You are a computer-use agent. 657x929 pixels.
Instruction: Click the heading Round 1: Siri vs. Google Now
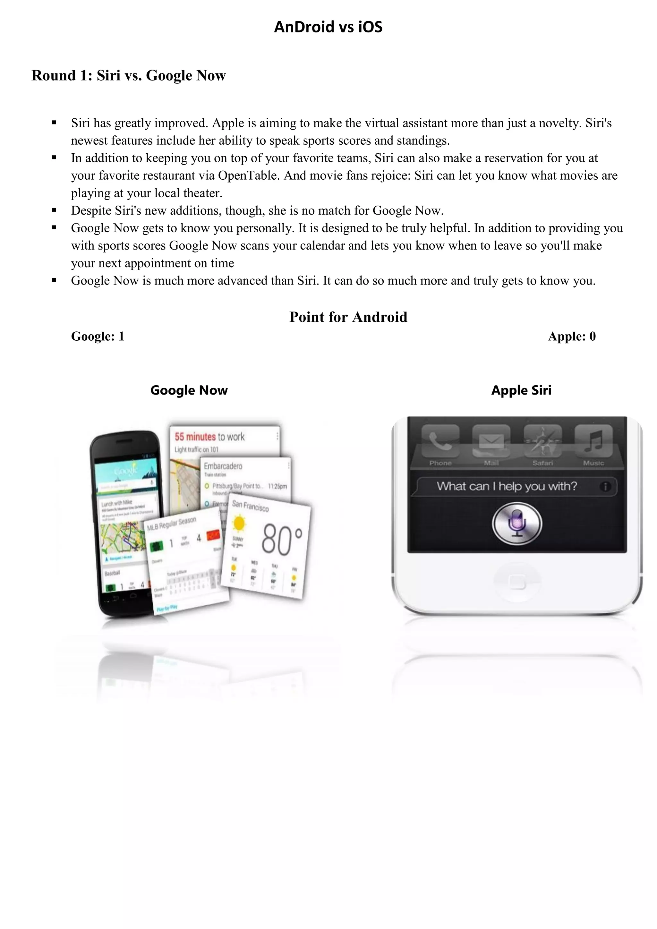pos(128,76)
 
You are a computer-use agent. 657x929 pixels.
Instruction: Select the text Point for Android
pos(348,317)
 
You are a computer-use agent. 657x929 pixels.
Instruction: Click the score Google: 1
pos(98,337)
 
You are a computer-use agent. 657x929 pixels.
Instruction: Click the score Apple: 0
pos(571,337)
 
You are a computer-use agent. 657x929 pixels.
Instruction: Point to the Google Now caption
pos(189,390)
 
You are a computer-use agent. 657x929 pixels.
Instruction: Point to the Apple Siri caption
pos(521,390)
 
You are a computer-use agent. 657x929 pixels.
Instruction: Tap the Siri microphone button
pos(516,524)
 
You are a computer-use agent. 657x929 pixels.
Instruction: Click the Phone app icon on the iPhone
pos(440,441)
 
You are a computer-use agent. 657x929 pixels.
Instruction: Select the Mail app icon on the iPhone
pos(491,441)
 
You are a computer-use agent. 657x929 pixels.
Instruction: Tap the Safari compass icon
pos(542,441)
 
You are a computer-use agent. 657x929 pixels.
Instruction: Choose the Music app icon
pos(593,441)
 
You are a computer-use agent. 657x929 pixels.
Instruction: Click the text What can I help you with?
pos(507,486)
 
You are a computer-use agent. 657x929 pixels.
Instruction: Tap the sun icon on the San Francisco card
pos(239,523)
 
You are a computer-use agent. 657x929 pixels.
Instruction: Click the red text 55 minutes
pos(195,437)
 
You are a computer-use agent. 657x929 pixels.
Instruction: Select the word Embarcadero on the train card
pos(223,466)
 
